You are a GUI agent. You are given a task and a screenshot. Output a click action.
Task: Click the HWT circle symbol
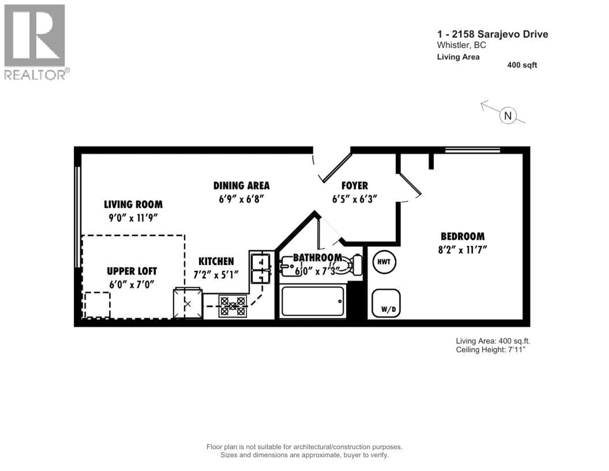384,262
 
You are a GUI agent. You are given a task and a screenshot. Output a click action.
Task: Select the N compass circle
508,116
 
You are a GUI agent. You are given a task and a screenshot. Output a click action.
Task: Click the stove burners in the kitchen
232,306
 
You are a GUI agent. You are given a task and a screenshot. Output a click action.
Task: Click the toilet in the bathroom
352,265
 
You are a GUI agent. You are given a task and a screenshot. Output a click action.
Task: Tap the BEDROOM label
463,237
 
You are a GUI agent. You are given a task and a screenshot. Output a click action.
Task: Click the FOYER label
354,186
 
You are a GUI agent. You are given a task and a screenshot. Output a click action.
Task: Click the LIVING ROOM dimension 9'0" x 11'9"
133,218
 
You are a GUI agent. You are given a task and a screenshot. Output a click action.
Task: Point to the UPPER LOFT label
132,271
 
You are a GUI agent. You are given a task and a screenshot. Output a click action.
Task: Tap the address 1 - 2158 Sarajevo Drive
492,34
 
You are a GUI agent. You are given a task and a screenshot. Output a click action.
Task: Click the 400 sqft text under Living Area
522,65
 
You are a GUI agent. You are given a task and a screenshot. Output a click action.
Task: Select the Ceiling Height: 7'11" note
491,350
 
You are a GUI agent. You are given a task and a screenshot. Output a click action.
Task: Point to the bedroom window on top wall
472,150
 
